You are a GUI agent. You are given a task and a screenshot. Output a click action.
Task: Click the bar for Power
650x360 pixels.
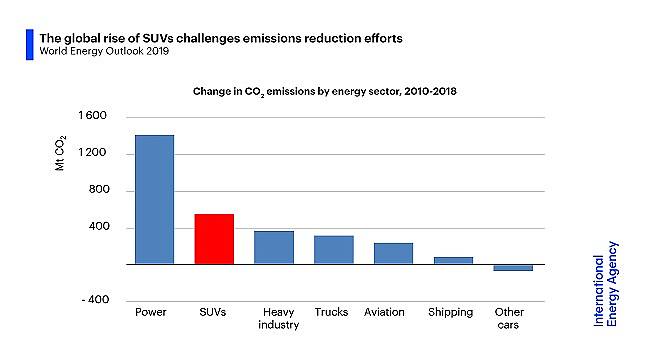(x=154, y=199)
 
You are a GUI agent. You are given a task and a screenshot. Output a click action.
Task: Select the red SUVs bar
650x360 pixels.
(x=214, y=239)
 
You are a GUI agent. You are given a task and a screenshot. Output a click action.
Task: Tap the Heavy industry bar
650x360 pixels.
(x=273, y=247)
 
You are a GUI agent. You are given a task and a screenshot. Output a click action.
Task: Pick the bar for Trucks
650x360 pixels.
(x=333, y=250)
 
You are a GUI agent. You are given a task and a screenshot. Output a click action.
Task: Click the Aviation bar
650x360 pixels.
(x=393, y=253)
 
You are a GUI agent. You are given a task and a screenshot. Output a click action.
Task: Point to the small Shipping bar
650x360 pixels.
(x=452, y=260)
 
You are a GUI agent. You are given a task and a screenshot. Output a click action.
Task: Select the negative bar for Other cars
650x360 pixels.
(x=512, y=267)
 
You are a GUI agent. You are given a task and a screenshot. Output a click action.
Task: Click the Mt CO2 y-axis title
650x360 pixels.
(x=60, y=156)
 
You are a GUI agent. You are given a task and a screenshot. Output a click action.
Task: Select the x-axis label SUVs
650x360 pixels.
(x=213, y=312)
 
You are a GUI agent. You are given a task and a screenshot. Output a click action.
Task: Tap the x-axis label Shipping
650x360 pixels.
(x=450, y=312)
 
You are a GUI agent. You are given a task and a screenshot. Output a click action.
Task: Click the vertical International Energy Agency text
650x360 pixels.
(x=606, y=283)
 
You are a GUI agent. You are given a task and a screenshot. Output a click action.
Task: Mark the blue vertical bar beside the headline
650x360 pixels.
(x=30, y=44)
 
